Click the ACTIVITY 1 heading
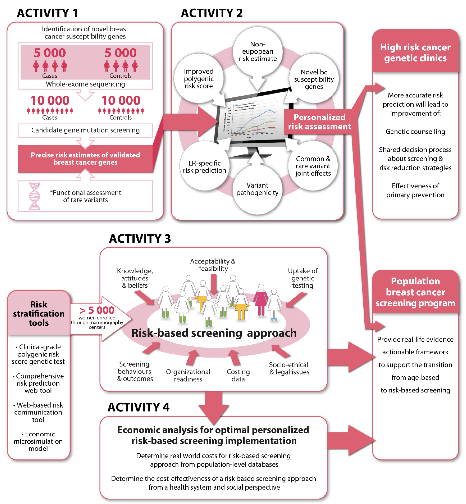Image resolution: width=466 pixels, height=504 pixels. click(x=47, y=13)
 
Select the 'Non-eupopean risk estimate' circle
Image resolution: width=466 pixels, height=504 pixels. click(x=257, y=51)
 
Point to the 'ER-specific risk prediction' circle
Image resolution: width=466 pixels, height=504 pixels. click(x=204, y=167)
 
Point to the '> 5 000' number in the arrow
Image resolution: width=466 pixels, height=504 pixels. click(x=97, y=310)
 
